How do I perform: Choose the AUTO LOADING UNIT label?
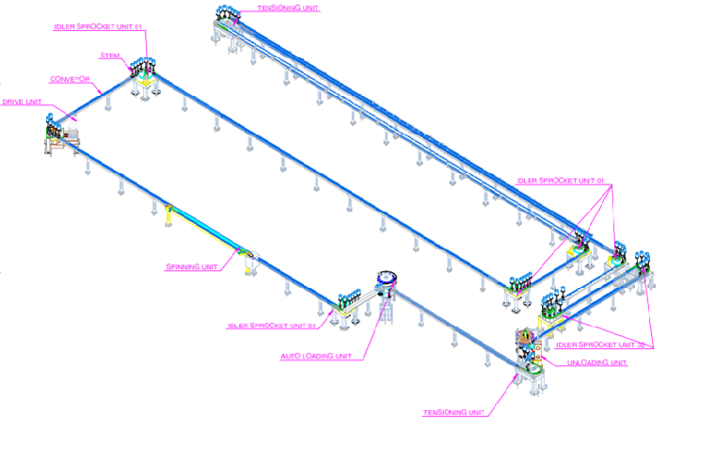tap(316, 357)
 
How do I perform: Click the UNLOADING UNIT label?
tap(597, 363)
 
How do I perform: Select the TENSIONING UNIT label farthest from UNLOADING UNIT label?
tap(287, 7)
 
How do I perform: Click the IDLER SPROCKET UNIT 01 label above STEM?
tap(97, 26)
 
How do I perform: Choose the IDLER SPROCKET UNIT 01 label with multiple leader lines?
tap(562, 181)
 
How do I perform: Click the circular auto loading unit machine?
tap(386, 278)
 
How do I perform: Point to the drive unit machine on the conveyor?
tap(58, 135)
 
